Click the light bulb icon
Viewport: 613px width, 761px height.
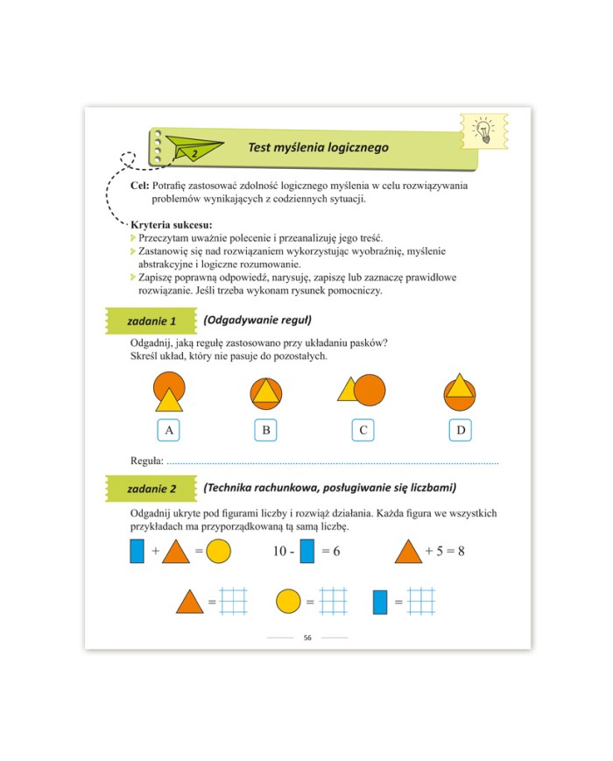pos(483,131)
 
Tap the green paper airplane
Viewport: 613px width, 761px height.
pos(194,148)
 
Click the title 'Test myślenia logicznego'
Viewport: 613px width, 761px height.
pos(319,147)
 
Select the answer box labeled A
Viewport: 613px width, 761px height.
pos(168,430)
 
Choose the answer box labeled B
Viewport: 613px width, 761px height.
pos(266,430)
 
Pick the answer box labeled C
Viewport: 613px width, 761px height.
pos(363,430)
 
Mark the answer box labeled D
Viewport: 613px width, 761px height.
pos(460,430)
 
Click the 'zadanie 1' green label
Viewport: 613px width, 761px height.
pos(151,321)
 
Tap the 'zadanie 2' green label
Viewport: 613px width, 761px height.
pos(151,489)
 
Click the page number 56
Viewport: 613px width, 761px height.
pos(307,638)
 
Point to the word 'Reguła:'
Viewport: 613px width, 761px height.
pos(147,461)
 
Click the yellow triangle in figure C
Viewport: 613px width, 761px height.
pos(347,390)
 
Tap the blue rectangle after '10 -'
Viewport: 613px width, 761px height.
pos(307,551)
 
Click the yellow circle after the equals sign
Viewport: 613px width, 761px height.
pos(218,552)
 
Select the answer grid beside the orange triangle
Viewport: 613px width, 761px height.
pos(234,602)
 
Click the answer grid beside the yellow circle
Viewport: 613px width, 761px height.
pos(334,602)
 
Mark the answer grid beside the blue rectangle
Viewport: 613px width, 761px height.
pos(421,602)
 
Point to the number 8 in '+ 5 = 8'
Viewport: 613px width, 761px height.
pos(462,552)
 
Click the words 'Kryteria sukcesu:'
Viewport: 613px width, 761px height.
pos(172,225)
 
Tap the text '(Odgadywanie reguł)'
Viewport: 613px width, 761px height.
pos(257,321)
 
